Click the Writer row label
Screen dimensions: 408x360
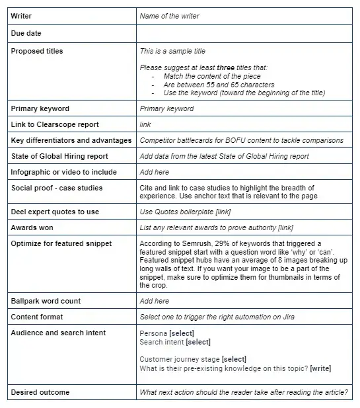tap(21, 15)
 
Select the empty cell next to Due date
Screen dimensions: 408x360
tap(244, 32)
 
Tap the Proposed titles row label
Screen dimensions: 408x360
tap(37, 51)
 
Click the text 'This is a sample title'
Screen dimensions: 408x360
tap(172, 51)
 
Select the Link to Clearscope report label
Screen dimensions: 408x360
tap(55, 124)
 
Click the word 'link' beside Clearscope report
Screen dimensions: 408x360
tap(145, 124)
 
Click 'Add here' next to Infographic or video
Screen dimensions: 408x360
tap(155, 172)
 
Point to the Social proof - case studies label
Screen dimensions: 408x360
tap(57, 188)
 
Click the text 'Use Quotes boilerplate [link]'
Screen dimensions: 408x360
tap(185, 212)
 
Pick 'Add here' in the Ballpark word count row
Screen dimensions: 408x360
tap(155, 301)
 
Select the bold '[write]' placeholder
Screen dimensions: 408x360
tap(320, 368)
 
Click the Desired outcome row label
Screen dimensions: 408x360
tap(39, 392)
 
